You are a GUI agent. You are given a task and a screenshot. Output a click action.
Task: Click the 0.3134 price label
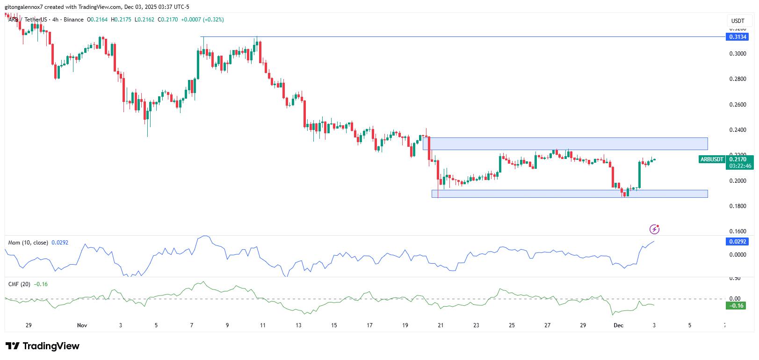click(x=738, y=37)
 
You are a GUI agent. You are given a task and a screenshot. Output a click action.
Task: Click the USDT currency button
click(x=737, y=21)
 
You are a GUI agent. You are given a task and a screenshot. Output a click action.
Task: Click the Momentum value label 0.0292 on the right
click(x=738, y=242)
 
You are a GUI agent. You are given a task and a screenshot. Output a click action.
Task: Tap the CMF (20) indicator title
click(x=19, y=284)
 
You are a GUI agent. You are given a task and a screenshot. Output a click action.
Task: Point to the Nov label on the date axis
click(x=82, y=325)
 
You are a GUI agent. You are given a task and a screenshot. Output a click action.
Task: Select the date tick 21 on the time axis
click(x=441, y=325)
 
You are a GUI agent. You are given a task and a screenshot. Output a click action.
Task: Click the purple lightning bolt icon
click(x=654, y=229)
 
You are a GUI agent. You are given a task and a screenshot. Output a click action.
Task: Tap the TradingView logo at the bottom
click(x=43, y=346)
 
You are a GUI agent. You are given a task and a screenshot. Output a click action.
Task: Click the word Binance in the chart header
click(x=73, y=20)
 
